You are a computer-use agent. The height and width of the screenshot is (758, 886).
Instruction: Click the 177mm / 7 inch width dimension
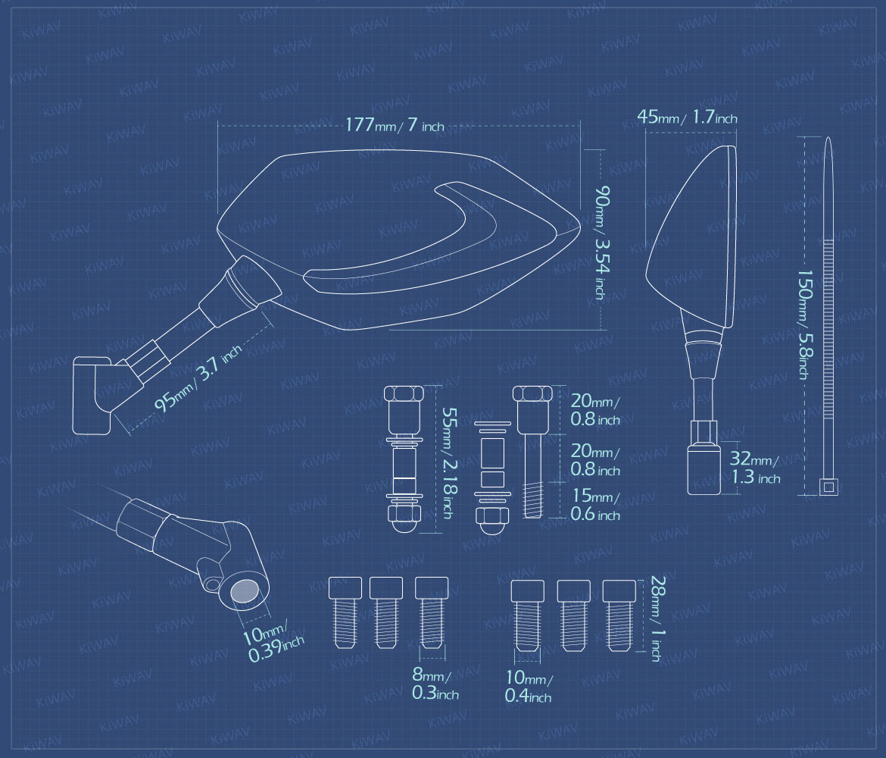click(x=395, y=125)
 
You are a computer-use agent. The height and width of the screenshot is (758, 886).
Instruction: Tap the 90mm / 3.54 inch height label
click(x=601, y=242)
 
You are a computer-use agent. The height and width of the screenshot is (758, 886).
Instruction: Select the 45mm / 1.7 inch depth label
click(x=687, y=117)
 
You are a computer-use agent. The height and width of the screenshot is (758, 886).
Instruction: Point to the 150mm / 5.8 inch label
click(x=803, y=324)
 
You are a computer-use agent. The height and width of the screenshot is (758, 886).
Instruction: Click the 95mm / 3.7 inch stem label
click(x=198, y=377)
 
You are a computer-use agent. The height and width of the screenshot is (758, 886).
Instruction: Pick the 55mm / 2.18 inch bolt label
click(x=448, y=462)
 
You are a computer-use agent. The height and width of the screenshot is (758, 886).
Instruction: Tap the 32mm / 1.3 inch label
click(x=755, y=467)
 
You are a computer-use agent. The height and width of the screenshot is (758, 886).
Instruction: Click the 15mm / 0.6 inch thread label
click(x=595, y=504)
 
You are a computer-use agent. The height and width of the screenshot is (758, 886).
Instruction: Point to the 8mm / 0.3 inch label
click(x=435, y=683)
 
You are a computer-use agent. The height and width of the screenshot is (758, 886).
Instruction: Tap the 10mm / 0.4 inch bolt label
click(x=529, y=685)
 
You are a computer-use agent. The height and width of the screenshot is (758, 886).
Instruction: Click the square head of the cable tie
click(x=828, y=487)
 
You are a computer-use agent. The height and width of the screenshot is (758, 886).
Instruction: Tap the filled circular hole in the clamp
click(x=245, y=592)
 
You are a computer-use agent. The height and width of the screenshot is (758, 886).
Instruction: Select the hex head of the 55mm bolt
click(x=404, y=393)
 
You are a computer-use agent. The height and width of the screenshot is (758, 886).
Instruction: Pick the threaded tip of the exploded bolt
click(x=533, y=499)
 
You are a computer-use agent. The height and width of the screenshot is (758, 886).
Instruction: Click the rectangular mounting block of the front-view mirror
click(x=704, y=469)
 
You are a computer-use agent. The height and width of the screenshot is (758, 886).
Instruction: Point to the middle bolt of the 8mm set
click(x=386, y=612)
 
